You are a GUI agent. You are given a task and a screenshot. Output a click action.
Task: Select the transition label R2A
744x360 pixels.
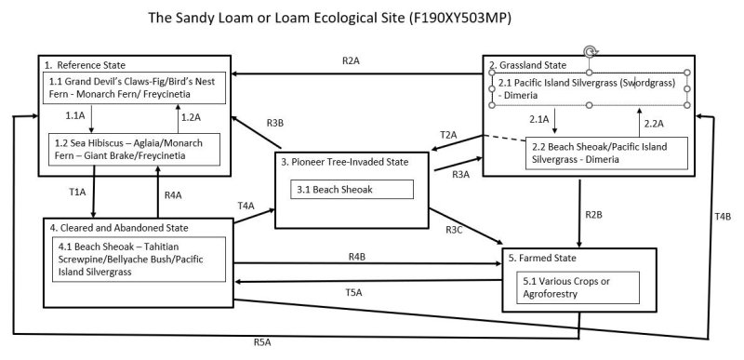click(x=351, y=60)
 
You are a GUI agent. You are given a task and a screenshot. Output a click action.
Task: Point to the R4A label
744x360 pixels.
click(x=173, y=195)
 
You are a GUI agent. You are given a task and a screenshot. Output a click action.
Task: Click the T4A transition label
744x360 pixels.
click(x=246, y=206)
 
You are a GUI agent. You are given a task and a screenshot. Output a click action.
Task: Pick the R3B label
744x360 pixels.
click(x=275, y=123)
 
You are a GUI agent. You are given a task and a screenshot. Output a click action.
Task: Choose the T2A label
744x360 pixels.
click(x=448, y=135)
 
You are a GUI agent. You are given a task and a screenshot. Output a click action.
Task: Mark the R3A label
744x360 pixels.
click(x=460, y=174)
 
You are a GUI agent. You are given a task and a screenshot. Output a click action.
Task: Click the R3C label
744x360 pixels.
click(x=455, y=229)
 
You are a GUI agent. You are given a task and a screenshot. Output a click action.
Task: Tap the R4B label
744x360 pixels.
click(x=356, y=256)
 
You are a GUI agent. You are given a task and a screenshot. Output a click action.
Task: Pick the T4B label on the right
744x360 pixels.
click(x=723, y=217)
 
